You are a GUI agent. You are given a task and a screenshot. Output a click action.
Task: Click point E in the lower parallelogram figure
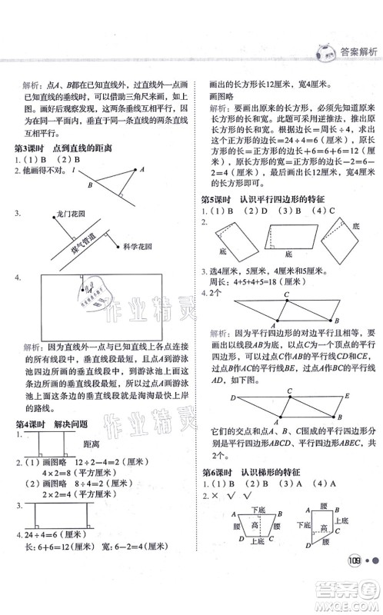(x=347, y=395)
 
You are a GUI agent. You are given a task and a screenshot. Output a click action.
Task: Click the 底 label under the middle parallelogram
(x=289, y=251)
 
